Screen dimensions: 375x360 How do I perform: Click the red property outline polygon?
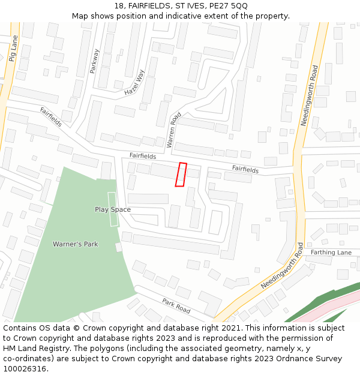[x=181, y=175]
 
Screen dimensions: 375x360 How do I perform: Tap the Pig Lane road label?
[x=13, y=48]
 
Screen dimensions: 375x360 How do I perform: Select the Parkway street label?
[x=94, y=61]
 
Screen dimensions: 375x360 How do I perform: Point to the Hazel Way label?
[x=135, y=83]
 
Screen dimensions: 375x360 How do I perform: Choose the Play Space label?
[x=113, y=209]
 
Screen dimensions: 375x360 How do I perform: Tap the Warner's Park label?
[x=75, y=244]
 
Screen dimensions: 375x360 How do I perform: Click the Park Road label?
[x=176, y=305]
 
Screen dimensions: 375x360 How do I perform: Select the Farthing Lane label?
[x=331, y=253]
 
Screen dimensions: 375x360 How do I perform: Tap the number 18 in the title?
[x=117, y=5]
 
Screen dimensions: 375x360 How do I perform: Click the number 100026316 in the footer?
[x=25, y=368]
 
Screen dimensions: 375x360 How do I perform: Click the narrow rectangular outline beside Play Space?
[x=112, y=209]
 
